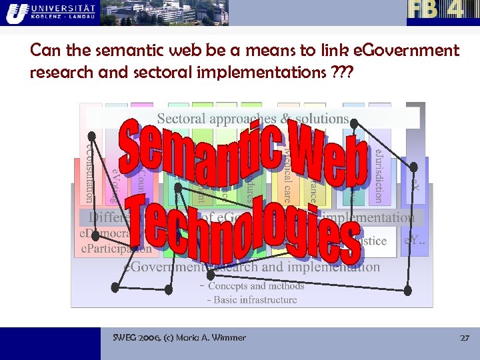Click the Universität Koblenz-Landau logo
point(49,12)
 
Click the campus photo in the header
point(164,13)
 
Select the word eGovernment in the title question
point(409,51)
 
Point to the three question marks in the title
point(343,72)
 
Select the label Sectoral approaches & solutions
point(253,119)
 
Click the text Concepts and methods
point(256,286)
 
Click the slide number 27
point(465,338)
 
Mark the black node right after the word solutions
point(355,122)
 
